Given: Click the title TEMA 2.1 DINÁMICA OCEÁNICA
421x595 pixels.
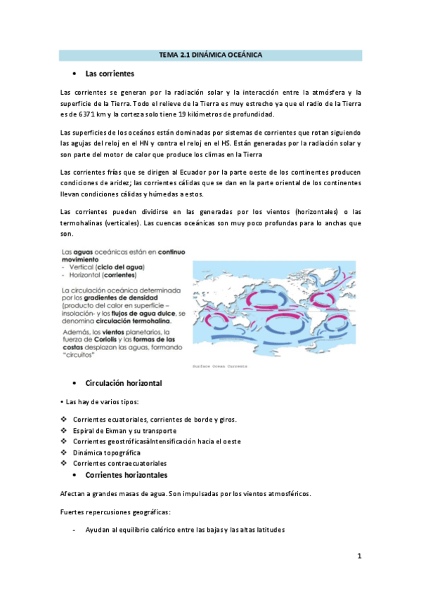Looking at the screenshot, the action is tap(210, 55).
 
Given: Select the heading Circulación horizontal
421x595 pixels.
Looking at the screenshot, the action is tap(123, 383).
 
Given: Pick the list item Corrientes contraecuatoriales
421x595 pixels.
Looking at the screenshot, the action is tap(119, 463).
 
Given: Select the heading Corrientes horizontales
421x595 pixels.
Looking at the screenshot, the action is tap(126, 475).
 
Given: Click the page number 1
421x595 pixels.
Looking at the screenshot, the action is tap(358, 556).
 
